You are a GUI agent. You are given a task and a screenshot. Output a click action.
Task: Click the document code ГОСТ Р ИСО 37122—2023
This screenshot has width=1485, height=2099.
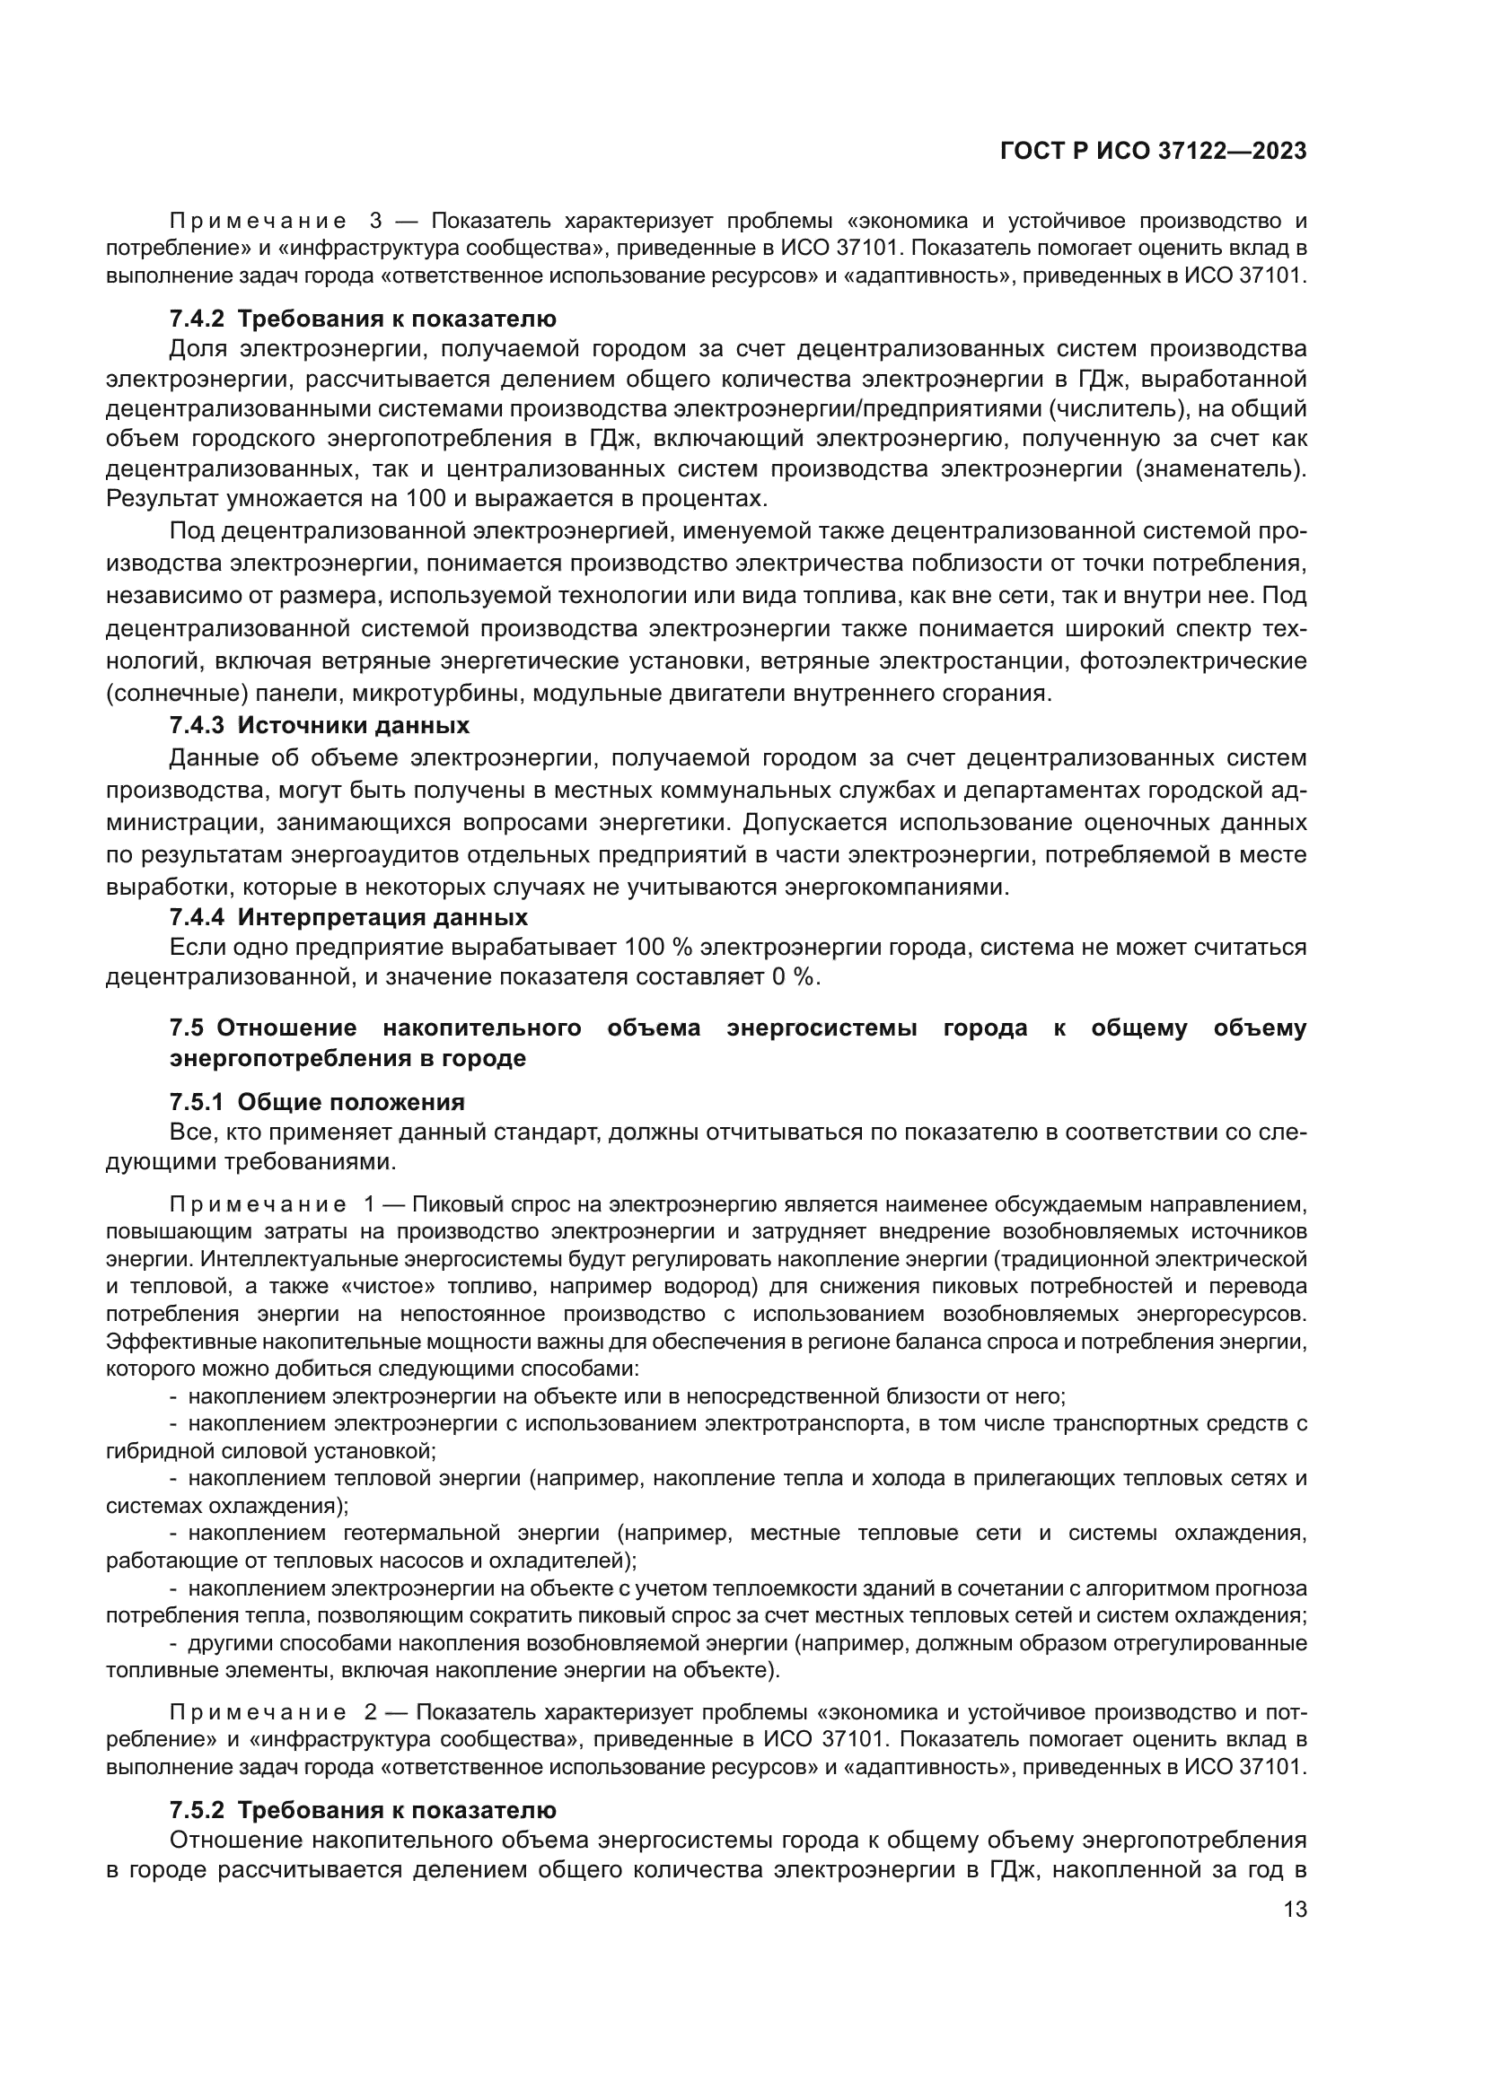point(1153,152)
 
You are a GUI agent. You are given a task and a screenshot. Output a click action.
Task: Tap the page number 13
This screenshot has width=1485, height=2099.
point(1295,1909)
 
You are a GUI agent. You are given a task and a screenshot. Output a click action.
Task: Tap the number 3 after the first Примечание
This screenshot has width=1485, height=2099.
point(376,221)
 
